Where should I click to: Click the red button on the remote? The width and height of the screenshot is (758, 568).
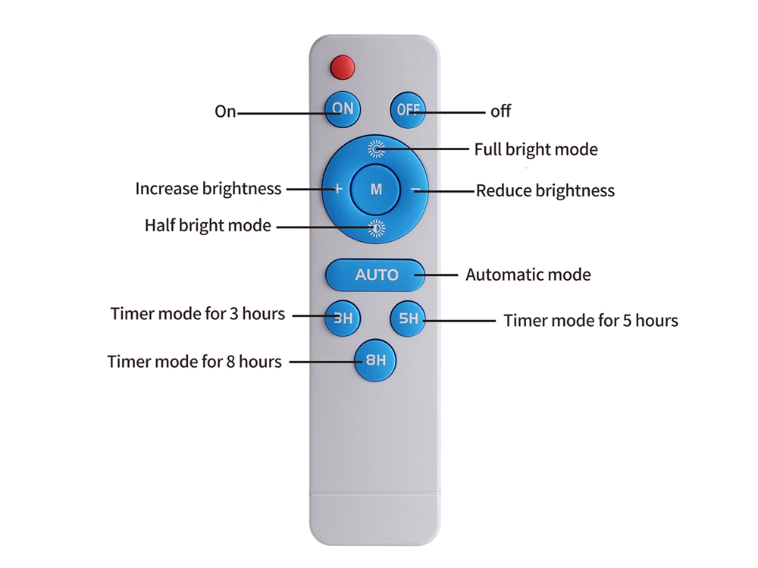tap(343, 67)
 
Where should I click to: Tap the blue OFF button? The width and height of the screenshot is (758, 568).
tap(408, 110)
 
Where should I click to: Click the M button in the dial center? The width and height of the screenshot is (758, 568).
tap(376, 189)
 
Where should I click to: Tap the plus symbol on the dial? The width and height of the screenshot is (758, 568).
tap(338, 189)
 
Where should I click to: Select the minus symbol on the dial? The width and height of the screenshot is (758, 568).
tap(415, 189)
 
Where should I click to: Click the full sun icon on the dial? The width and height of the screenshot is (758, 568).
tap(376, 149)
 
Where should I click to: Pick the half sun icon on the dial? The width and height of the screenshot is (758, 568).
tap(376, 228)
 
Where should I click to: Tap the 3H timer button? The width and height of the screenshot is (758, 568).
tap(343, 319)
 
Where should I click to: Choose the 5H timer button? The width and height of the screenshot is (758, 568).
tap(408, 319)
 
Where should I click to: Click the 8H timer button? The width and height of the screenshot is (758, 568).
tap(375, 360)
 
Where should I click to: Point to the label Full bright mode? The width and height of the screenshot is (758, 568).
tap(536, 149)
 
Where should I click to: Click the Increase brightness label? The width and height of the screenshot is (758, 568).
tap(208, 188)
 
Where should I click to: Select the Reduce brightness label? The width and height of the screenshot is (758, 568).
tap(545, 190)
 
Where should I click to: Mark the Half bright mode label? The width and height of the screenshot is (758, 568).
tap(208, 225)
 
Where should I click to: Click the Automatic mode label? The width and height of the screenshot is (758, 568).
tap(528, 275)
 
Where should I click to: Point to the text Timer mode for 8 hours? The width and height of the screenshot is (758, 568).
tap(194, 362)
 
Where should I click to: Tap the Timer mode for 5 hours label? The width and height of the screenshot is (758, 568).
tap(590, 320)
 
